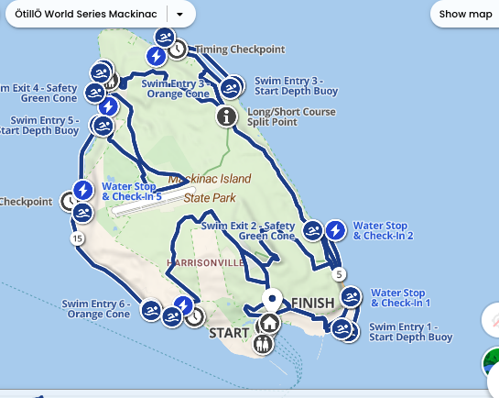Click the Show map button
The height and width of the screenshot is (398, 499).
click(465, 14)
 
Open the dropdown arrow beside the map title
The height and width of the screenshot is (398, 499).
click(180, 15)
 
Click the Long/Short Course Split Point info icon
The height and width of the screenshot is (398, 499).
click(227, 116)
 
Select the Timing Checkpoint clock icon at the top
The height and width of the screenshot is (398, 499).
click(178, 50)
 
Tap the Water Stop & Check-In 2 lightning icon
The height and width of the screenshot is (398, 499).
click(336, 229)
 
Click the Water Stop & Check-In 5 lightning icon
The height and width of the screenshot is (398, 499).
click(83, 190)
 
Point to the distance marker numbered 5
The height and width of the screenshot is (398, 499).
click(340, 274)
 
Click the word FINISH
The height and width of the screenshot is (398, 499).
click(313, 304)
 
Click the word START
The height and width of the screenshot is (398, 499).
click(229, 332)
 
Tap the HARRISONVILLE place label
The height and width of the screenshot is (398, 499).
click(205, 263)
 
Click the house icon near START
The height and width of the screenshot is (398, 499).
click(269, 323)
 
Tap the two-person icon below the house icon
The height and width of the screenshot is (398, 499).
click(264, 344)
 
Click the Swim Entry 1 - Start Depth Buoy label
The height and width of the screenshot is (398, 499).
click(410, 332)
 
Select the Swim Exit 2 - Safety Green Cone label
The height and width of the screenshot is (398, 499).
click(247, 230)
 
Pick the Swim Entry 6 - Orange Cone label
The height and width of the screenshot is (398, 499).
click(96, 309)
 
